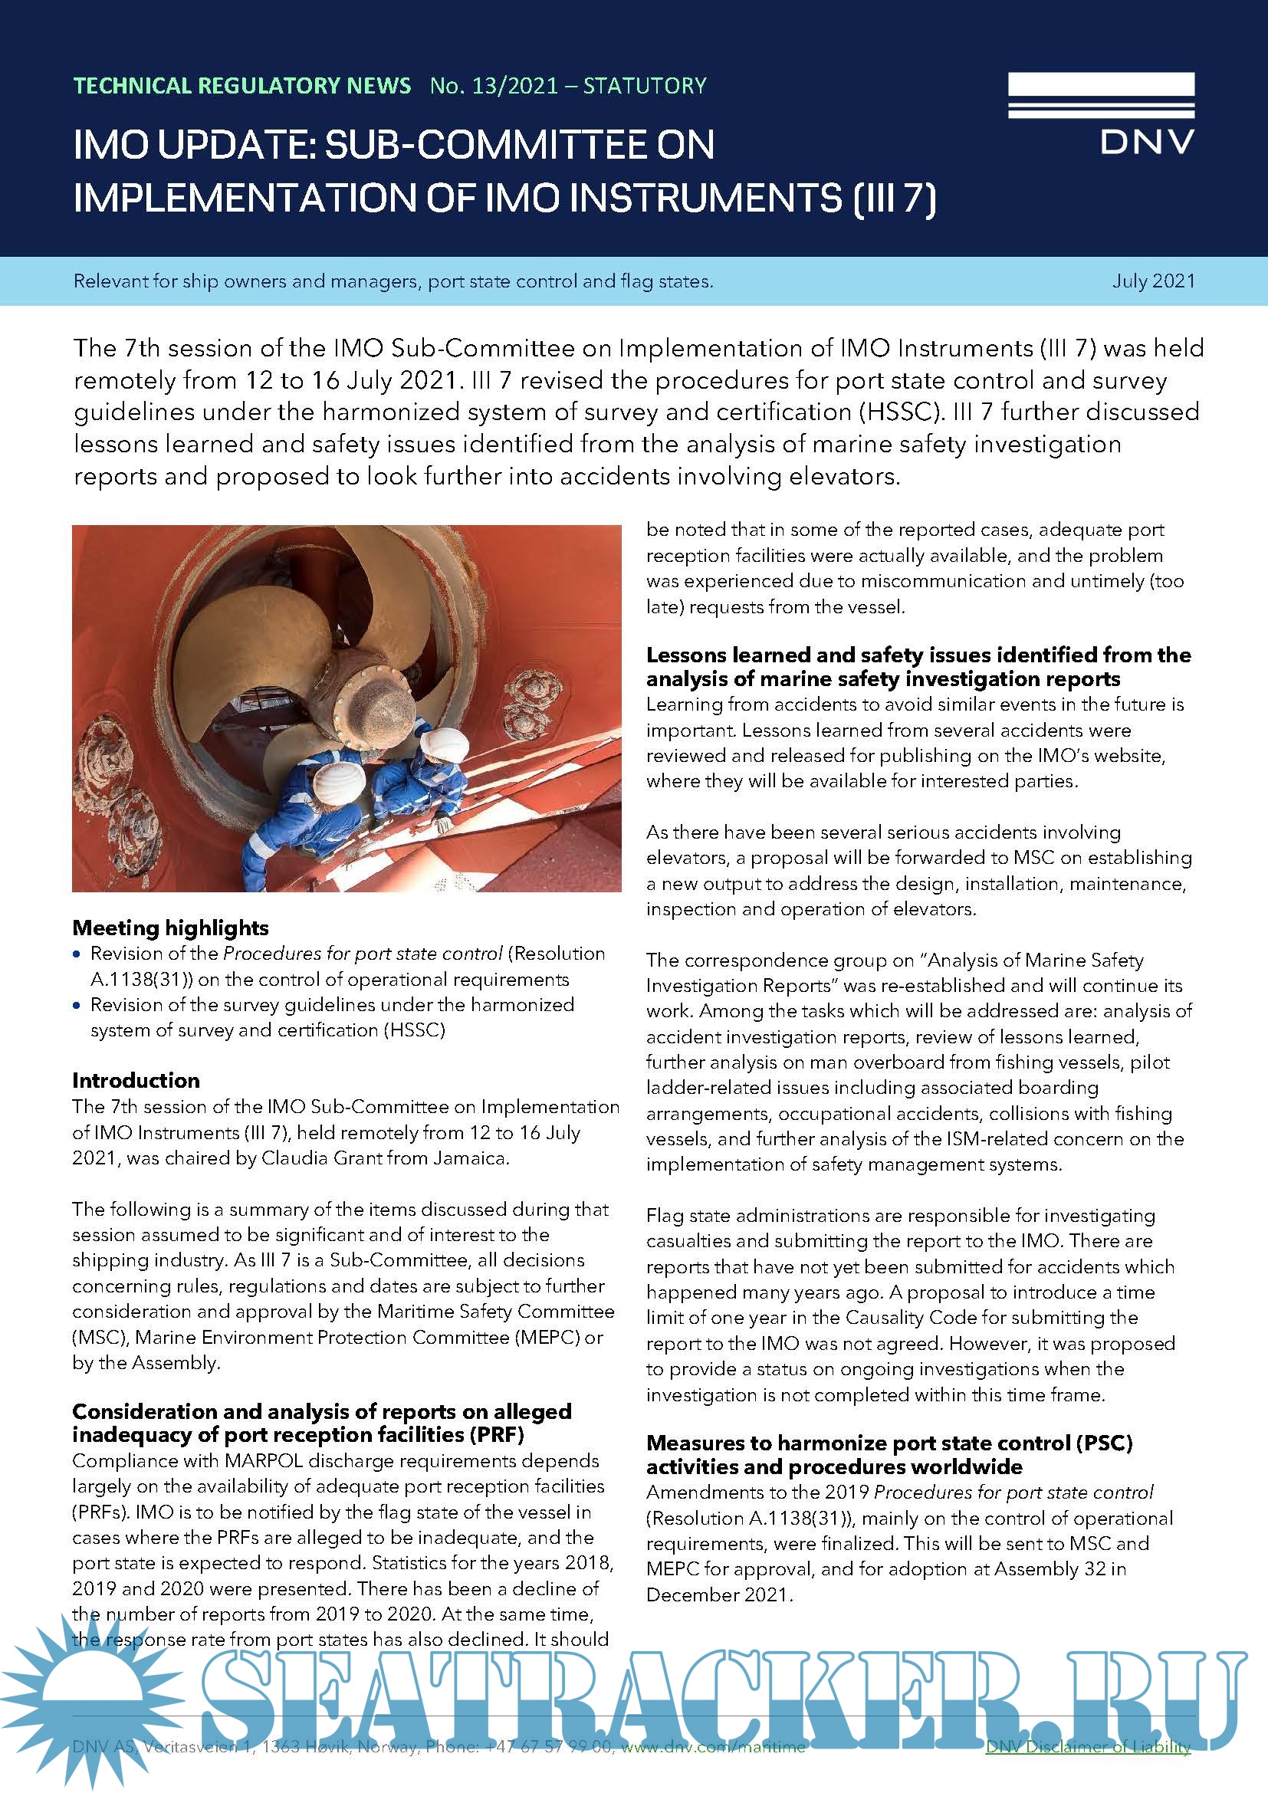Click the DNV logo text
pyautogui.click(x=1146, y=141)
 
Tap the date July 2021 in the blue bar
pyautogui.click(x=1153, y=281)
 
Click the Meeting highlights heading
pyautogui.click(x=170, y=928)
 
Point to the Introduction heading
pyautogui.click(x=136, y=1080)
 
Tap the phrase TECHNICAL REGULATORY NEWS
pyautogui.click(x=242, y=86)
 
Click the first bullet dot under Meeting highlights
pyautogui.click(x=77, y=954)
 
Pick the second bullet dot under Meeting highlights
pyautogui.click(x=77, y=1005)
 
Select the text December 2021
pyautogui.click(x=718, y=1594)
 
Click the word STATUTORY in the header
pyautogui.click(x=645, y=86)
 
